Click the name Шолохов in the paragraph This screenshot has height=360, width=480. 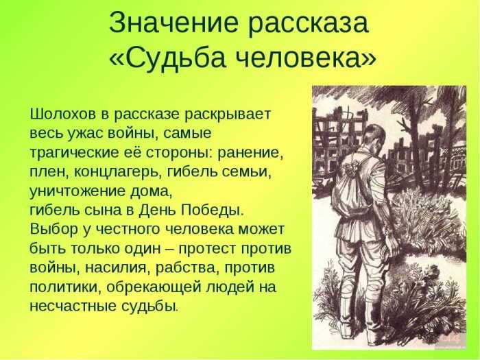63,115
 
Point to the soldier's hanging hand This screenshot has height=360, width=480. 391,243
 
